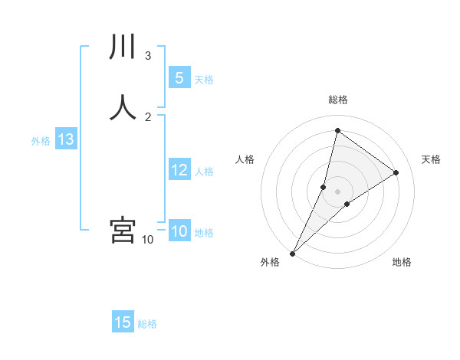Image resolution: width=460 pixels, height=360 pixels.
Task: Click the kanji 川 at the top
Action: tap(123, 47)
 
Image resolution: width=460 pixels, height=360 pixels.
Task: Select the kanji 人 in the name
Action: tap(123, 106)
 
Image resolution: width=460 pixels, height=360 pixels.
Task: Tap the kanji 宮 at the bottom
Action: tap(123, 230)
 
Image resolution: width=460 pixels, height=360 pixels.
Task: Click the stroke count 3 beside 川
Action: tap(148, 55)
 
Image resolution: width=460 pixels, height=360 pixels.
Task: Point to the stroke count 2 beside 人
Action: tap(148, 116)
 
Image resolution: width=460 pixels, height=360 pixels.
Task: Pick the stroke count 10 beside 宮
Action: tap(147, 240)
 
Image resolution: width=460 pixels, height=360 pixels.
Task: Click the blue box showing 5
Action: tap(179, 78)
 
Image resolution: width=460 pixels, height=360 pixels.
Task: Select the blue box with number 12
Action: tap(179, 170)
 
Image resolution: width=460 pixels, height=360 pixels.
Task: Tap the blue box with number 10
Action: tap(179, 231)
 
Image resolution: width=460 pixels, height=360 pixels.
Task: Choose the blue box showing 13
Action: tap(65, 139)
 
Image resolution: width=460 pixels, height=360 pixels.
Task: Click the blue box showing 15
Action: tap(123, 322)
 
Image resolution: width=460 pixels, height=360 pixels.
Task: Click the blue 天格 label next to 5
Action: tap(204, 80)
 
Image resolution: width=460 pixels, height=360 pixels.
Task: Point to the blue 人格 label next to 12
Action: tap(204, 172)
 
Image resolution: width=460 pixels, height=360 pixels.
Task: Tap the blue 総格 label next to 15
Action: tap(147, 324)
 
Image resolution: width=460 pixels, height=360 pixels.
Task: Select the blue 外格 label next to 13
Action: tap(40, 141)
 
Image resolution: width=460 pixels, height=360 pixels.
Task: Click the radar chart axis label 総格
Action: tap(337, 100)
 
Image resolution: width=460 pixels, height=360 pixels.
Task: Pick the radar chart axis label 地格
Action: tap(402, 263)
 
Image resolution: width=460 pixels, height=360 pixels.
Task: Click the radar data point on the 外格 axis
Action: tap(293, 253)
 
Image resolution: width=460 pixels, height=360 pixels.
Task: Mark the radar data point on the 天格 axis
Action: tap(396, 172)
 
